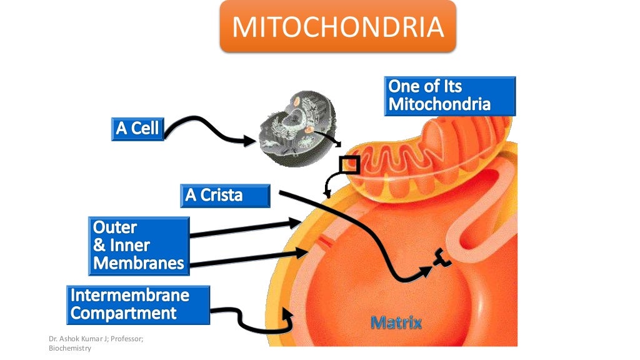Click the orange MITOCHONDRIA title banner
(x=337, y=27)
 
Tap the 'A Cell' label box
(x=138, y=129)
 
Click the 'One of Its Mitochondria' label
(x=449, y=96)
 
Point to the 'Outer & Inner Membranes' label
(x=138, y=245)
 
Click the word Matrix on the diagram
(x=396, y=323)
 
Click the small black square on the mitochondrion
(x=349, y=165)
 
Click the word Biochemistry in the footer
(x=69, y=348)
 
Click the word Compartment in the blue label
(x=123, y=313)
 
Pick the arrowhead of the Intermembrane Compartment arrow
(x=289, y=314)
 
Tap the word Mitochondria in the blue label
(x=439, y=104)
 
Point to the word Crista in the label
(x=222, y=196)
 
